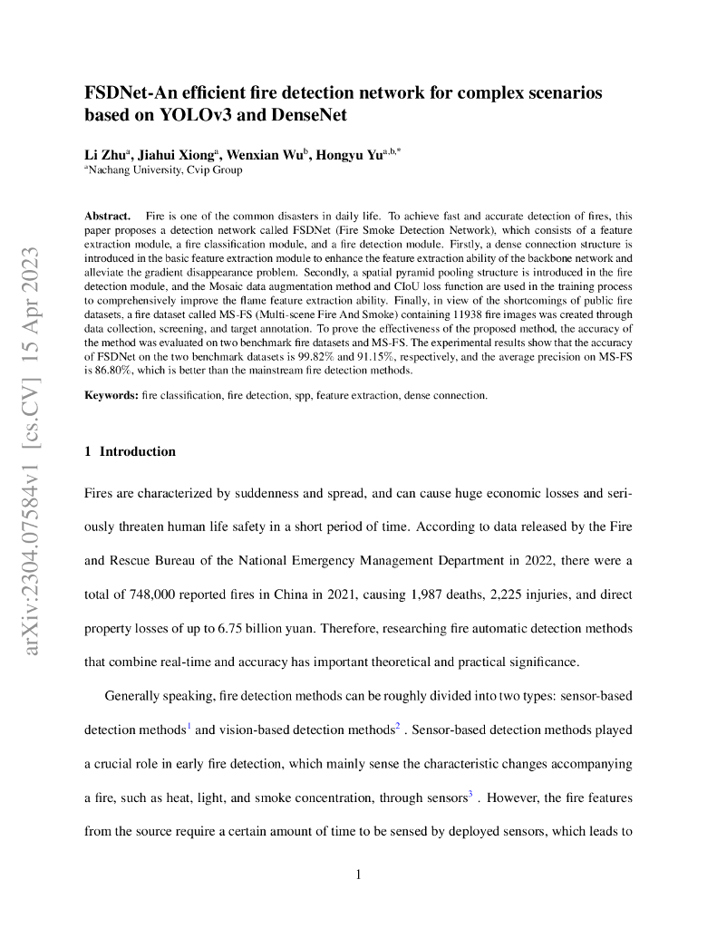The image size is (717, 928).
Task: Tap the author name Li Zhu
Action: pyautogui.click(x=107, y=156)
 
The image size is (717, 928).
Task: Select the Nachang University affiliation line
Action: pyautogui.click(x=164, y=169)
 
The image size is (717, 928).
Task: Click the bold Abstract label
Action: pyautogui.click(x=107, y=217)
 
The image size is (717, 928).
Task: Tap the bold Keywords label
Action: pyautogui.click(x=111, y=396)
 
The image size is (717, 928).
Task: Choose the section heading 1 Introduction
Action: pyautogui.click(x=130, y=451)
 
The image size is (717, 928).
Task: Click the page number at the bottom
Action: pyautogui.click(x=359, y=875)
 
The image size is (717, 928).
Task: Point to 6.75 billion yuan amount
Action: pyautogui.click(x=340, y=628)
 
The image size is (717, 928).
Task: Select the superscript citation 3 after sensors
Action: pyautogui.click(x=470, y=795)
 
